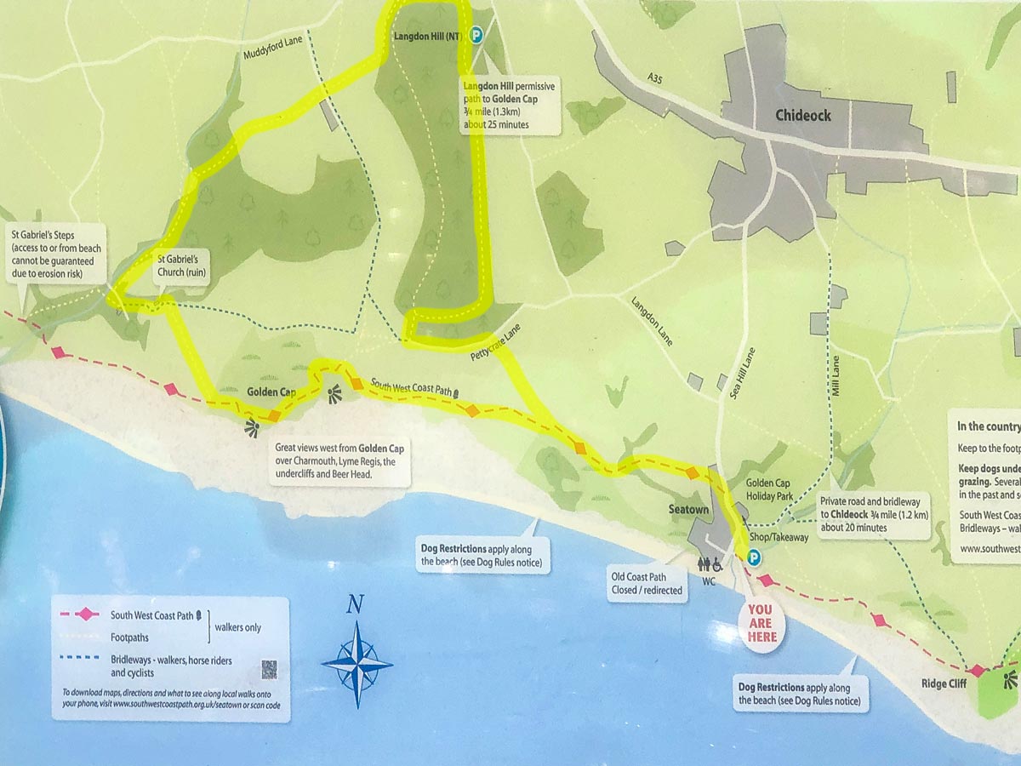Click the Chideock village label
click(x=802, y=115)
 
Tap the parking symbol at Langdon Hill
click(x=477, y=35)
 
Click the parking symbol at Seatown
click(x=752, y=557)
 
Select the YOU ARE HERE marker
click(x=760, y=622)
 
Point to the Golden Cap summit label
click(x=271, y=392)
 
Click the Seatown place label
click(x=689, y=509)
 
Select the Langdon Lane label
click(x=652, y=321)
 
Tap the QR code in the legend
click(x=269, y=669)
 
